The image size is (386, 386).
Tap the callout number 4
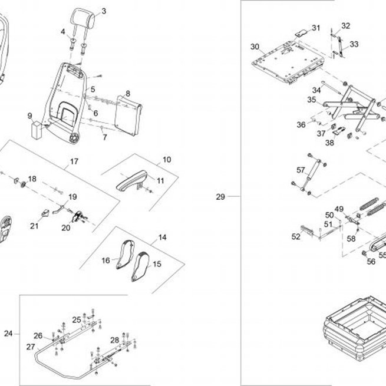(63, 31)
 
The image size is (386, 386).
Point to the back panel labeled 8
(128, 115)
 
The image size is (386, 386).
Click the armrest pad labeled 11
(132, 180)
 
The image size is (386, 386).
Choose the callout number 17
(74, 161)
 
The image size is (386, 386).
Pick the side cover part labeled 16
(126, 255)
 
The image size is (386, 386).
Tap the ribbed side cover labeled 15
(140, 266)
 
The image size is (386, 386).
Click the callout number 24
(8, 334)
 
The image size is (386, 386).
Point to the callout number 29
(220, 197)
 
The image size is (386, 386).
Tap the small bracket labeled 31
(302, 33)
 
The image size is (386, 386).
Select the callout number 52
(296, 236)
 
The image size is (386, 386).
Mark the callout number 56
(371, 261)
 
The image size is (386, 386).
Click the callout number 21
(34, 226)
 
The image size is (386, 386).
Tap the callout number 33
(354, 44)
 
